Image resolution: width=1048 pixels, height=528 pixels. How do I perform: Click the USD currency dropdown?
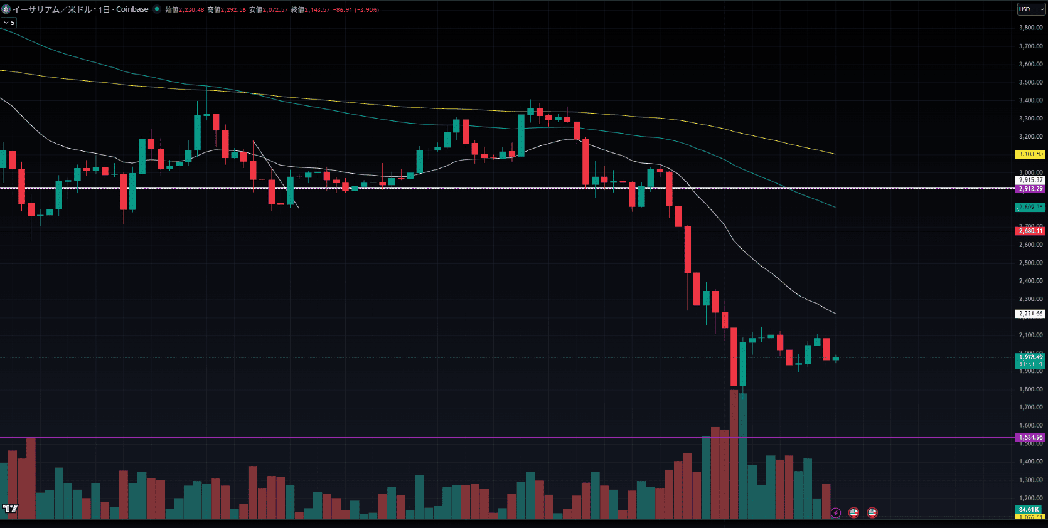[1030, 9]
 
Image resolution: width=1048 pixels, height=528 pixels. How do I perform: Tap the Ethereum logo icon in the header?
[6, 9]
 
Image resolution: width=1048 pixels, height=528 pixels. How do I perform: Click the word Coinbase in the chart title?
[132, 9]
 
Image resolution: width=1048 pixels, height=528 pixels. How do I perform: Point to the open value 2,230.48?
[191, 10]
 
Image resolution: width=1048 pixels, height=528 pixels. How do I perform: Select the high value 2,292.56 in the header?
[233, 10]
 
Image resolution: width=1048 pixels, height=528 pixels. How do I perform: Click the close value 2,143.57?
[317, 10]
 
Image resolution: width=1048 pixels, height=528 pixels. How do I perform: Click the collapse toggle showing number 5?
[9, 23]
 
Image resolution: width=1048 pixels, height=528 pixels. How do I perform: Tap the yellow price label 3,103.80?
[1030, 154]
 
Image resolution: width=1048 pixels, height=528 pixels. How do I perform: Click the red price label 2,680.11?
[1030, 231]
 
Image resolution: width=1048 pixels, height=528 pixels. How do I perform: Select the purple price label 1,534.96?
[1030, 438]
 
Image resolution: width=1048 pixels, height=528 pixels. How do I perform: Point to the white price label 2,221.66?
[1030, 314]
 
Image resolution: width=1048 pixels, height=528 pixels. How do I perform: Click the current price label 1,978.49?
[1030, 357]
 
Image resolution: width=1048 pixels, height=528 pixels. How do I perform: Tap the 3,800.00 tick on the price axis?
[1030, 28]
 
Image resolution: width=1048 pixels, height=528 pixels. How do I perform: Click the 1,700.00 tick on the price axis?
[1030, 408]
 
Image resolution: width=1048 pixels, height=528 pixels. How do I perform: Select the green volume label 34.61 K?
[1029, 509]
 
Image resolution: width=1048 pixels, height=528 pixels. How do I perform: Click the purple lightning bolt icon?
[835, 513]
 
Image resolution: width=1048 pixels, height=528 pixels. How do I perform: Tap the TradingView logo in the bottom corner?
[10, 509]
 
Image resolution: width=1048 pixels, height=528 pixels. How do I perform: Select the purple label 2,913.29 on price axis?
[1030, 189]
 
